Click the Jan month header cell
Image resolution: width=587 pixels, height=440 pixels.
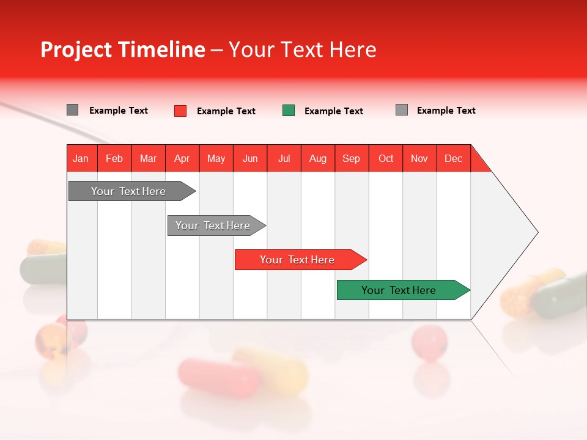(x=81, y=158)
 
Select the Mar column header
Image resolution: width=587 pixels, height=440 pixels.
(x=148, y=158)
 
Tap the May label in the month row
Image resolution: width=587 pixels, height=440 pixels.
(x=216, y=158)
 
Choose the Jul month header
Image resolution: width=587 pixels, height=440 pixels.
(x=284, y=158)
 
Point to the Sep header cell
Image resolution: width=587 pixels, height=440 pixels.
(x=351, y=158)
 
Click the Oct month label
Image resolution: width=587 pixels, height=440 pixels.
(x=386, y=158)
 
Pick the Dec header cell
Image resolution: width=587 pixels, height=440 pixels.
(x=453, y=158)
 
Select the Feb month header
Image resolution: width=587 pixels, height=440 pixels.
(x=114, y=158)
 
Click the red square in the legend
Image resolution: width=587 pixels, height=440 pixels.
(x=180, y=111)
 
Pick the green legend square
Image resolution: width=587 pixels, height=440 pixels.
(x=289, y=111)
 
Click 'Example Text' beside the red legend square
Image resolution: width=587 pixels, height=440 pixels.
(x=226, y=111)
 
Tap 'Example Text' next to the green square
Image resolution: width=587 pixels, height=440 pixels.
(x=333, y=111)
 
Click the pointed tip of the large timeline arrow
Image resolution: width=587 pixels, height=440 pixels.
(x=536, y=232)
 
